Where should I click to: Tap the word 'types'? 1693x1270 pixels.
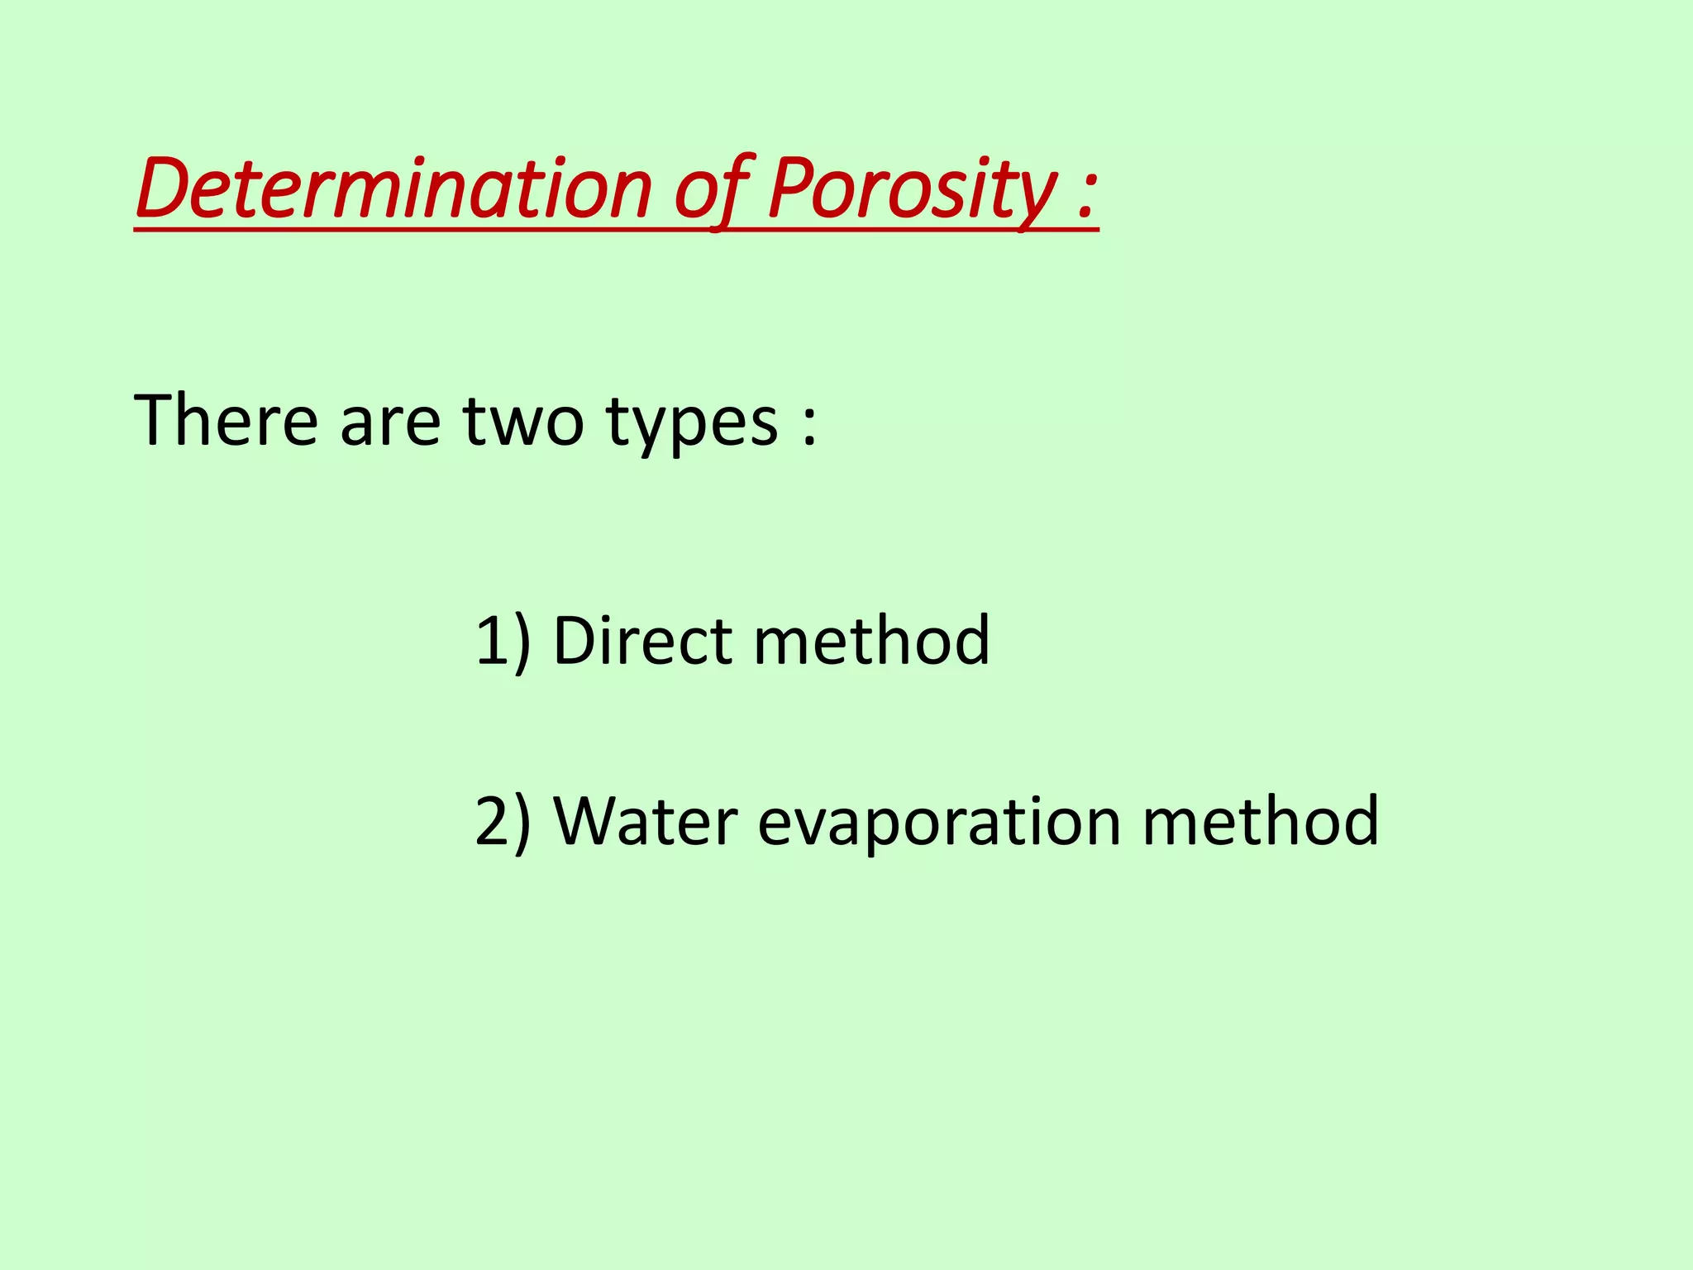pyautogui.click(x=692, y=426)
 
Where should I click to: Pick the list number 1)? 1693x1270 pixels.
pyautogui.click(x=503, y=642)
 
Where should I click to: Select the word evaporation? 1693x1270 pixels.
pyautogui.click(x=939, y=824)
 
